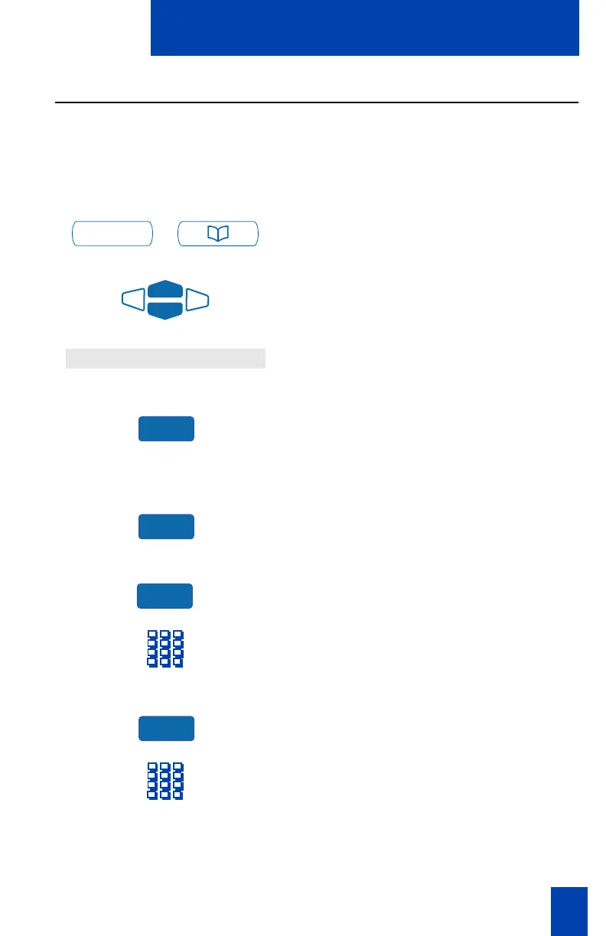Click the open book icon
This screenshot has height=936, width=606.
coord(218,234)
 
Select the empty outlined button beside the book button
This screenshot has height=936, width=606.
coord(112,234)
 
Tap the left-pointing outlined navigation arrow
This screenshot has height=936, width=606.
coord(133,301)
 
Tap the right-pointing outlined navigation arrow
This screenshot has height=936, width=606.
coord(197,301)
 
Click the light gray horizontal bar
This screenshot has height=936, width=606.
coord(165,359)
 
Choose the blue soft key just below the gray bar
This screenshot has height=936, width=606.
coord(166,429)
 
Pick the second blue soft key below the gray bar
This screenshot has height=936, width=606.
coord(166,527)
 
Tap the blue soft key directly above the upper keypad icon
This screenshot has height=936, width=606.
coord(165,596)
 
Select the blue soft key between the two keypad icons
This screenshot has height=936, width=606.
coord(166,729)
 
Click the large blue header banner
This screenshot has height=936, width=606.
coord(364,28)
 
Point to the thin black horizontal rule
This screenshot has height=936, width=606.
coord(317,102)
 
